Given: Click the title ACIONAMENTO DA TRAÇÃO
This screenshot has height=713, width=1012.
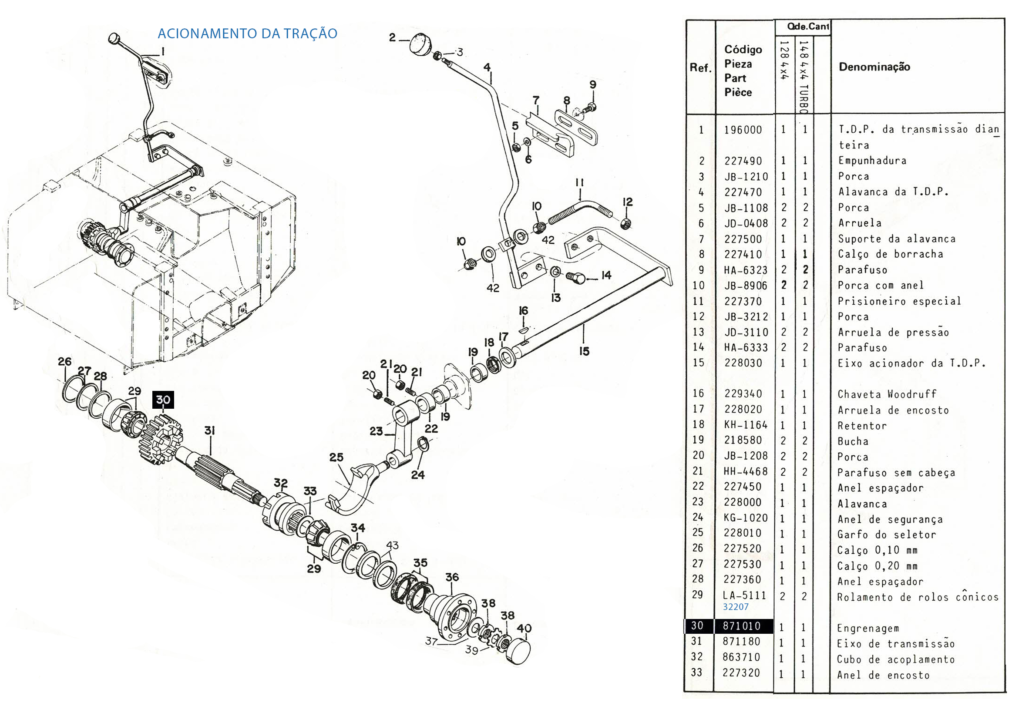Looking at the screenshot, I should click(247, 34).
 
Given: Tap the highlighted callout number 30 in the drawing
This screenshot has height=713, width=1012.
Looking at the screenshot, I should click(163, 400).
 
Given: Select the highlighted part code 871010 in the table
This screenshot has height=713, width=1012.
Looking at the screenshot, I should click(741, 626).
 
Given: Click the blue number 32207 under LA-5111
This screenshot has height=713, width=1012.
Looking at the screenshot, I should click(735, 607).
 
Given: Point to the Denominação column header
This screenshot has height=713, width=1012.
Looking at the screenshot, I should click(874, 67).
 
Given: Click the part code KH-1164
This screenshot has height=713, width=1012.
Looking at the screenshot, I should click(745, 425).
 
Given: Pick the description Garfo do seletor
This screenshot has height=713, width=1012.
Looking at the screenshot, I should click(886, 535).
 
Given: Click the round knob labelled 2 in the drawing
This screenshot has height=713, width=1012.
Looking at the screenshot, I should click(421, 44).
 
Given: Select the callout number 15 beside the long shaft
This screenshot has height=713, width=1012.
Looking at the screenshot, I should click(584, 351).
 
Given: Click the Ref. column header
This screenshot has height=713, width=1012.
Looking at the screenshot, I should click(700, 68).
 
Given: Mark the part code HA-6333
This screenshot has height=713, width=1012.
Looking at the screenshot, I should click(745, 348).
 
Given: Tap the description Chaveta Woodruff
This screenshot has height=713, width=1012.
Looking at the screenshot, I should click(886, 394).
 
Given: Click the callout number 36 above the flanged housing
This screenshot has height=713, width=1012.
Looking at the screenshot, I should click(452, 577).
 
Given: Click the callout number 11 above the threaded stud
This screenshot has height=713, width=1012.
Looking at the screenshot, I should click(579, 182).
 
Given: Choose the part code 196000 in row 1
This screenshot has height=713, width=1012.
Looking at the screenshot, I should click(743, 130).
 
